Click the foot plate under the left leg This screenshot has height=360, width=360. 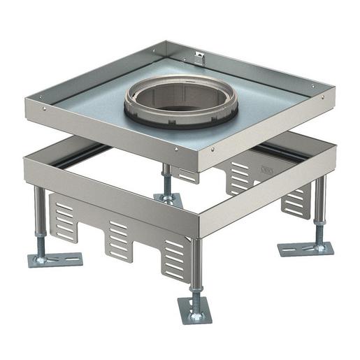(55, 259)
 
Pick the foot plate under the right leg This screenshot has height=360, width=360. (305, 249)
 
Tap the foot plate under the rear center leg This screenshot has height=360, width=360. (168, 201)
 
